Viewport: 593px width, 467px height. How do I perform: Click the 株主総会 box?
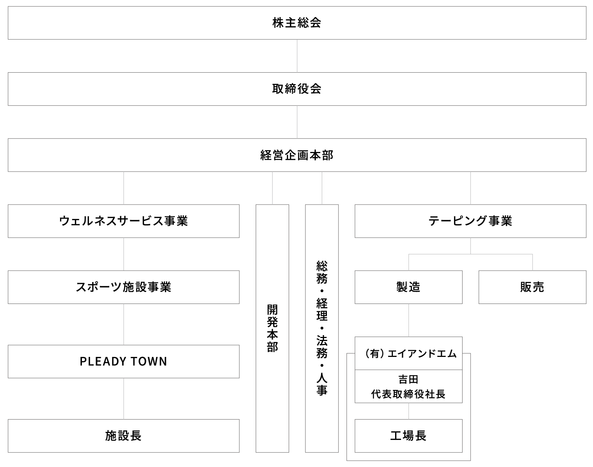click(297, 23)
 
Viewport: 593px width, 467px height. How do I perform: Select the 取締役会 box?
click(297, 89)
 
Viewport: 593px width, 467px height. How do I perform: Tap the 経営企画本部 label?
click(297, 155)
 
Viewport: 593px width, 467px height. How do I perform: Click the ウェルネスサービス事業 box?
click(123, 221)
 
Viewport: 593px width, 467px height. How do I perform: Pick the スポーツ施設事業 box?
click(123, 287)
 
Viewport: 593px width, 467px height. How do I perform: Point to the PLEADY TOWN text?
click(123, 361)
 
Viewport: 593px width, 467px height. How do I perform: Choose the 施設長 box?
click(123, 436)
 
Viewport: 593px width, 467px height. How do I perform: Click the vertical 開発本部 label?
click(272, 328)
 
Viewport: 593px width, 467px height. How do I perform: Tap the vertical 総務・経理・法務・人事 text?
click(322, 328)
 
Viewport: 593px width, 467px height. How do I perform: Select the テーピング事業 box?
click(470, 221)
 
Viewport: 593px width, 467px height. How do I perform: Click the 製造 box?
click(408, 287)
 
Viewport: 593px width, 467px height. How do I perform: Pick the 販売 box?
click(532, 287)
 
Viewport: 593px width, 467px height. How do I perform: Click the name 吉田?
click(408, 380)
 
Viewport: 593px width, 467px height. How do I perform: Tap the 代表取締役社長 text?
click(408, 394)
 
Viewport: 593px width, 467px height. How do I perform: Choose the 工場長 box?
click(408, 436)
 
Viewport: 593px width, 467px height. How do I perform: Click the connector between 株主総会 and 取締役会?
click(297, 56)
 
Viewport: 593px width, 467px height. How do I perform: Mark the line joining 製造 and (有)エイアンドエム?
click(409, 320)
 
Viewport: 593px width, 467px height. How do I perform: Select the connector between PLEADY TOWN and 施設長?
click(124, 399)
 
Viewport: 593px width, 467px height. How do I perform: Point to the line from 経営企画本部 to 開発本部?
click(272, 188)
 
